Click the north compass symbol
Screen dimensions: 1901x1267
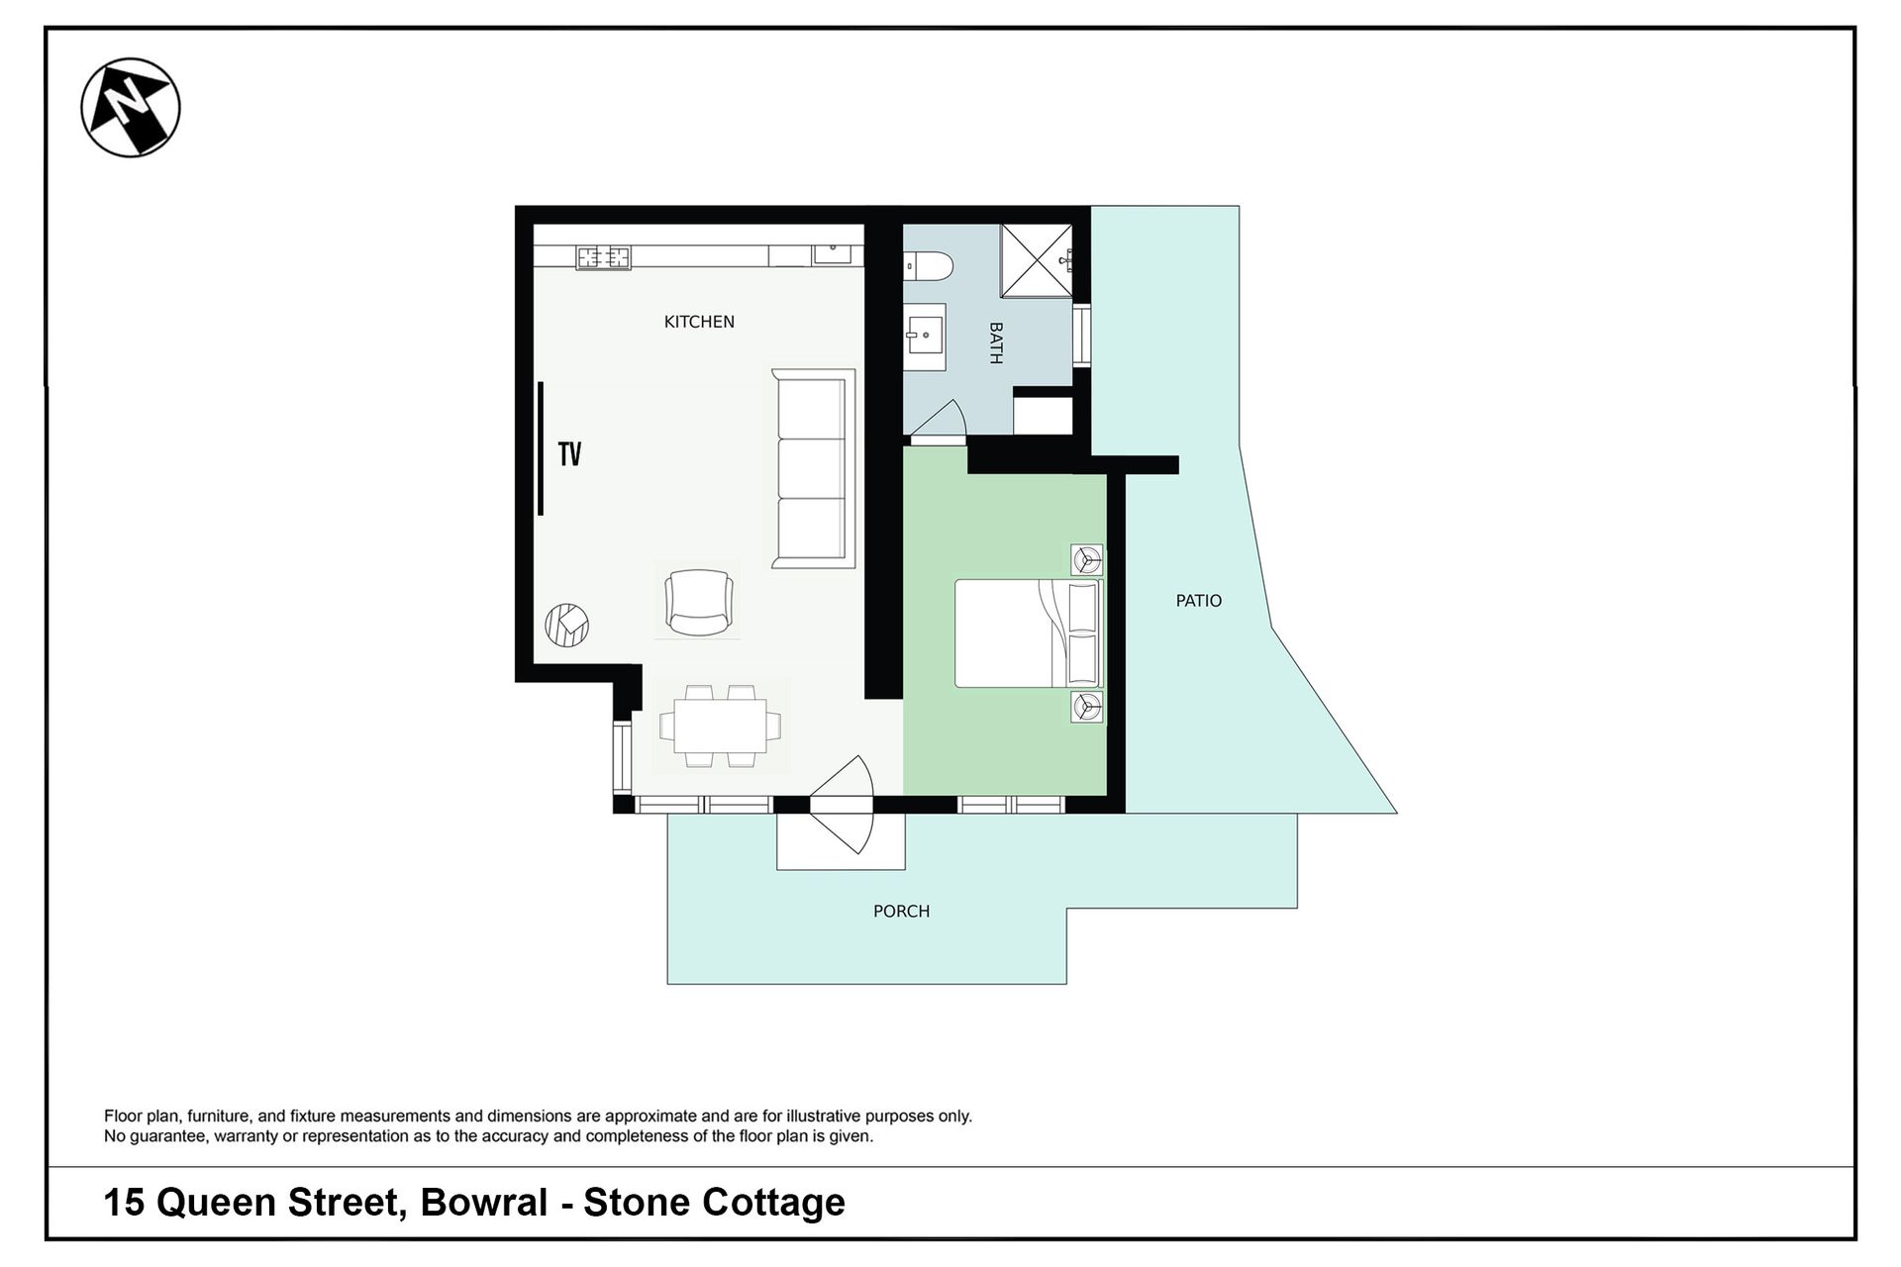click(131, 108)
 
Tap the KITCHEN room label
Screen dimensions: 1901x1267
click(699, 322)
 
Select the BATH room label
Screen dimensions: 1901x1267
click(996, 342)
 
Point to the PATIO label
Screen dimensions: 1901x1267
click(1199, 601)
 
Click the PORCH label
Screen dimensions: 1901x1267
click(901, 912)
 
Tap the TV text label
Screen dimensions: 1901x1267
click(569, 454)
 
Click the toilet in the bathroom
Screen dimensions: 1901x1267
click(929, 265)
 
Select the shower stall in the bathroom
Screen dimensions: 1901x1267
click(1036, 260)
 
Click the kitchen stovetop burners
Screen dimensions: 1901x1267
click(604, 257)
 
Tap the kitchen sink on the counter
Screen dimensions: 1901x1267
click(833, 253)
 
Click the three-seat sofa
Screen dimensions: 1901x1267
click(813, 469)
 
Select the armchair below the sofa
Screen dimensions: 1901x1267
click(699, 602)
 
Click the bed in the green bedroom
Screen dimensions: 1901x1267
click(1028, 633)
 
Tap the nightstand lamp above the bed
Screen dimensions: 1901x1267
click(1087, 560)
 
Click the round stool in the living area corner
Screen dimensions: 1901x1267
click(567, 625)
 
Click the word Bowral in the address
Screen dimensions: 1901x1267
click(484, 1203)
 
